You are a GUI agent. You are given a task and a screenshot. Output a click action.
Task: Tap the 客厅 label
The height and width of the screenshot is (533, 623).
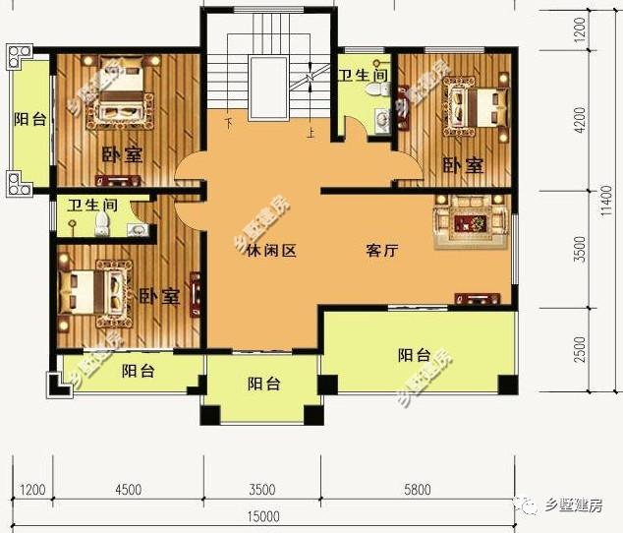click(x=381, y=251)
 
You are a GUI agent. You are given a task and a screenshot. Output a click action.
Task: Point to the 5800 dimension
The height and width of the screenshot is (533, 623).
click(x=418, y=489)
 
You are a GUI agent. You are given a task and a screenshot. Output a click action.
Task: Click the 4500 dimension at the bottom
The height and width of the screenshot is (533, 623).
click(x=129, y=489)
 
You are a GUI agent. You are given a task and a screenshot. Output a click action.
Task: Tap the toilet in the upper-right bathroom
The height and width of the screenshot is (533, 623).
click(x=373, y=89)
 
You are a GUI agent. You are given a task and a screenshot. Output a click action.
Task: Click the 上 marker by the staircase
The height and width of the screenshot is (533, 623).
click(x=311, y=135)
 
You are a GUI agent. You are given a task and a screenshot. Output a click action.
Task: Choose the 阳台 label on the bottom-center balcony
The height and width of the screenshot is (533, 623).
click(x=263, y=384)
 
